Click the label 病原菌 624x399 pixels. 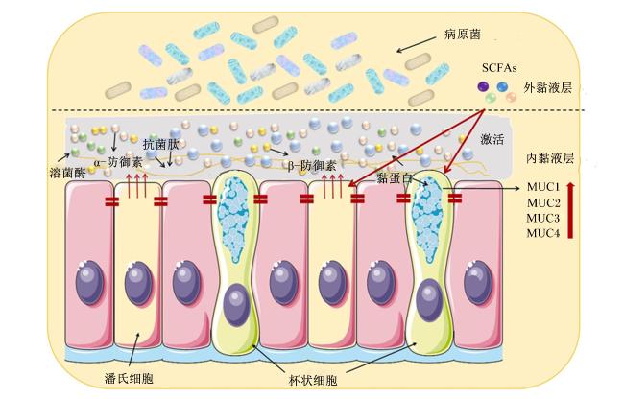pyautogui.click(x=463, y=35)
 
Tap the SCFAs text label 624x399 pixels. pyautogui.click(x=499, y=68)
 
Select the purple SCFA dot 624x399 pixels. pyautogui.click(x=484, y=86)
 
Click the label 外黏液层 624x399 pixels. pyautogui.click(x=547, y=87)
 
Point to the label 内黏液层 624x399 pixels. pyautogui.click(x=550, y=158)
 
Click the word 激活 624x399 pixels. pyautogui.click(x=492, y=139)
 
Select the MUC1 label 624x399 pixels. pyautogui.click(x=543, y=187)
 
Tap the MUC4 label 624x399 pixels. pyautogui.click(x=543, y=233)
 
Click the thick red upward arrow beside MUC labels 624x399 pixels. pyautogui.click(x=570, y=210)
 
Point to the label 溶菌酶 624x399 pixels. pyautogui.click(x=67, y=173)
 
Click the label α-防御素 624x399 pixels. pyautogui.click(x=118, y=162)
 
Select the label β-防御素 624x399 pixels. pyautogui.click(x=312, y=165)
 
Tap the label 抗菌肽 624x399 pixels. pyautogui.click(x=160, y=144)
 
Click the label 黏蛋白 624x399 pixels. pyautogui.click(x=395, y=178)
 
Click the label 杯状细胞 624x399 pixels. pyautogui.click(x=313, y=381)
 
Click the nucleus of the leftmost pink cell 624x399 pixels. pyautogui.click(x=90, y=283)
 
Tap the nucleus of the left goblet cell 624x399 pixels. pyautogui.click(x=236, y=305)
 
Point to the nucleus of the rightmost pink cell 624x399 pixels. pyautogui.click(x=478, y=283)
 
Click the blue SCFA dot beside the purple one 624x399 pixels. pyautogui.click(x=502, y=86)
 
